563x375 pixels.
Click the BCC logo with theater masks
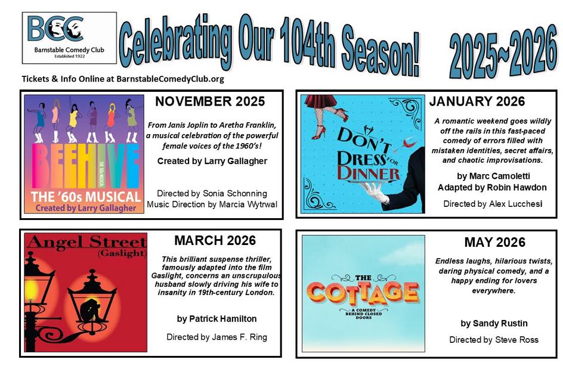[x=69, y=38]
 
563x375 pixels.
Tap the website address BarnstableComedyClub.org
[x=170, y=79]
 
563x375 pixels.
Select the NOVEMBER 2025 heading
[x=210, y=101]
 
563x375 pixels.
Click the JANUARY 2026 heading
[x=477, y=101]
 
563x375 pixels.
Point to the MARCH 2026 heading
[x=215, y=240]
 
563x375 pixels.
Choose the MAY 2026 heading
[x=495, y=242]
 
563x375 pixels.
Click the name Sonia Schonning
[x=235, y=193]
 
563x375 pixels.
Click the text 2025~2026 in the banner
[x=503, y=52]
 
